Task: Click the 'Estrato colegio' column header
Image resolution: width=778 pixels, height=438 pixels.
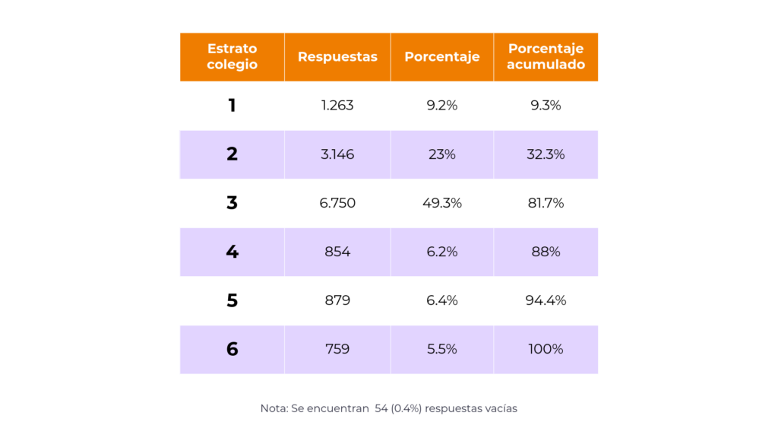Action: (232, 56)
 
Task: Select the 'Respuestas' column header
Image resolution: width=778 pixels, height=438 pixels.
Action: (337, 57)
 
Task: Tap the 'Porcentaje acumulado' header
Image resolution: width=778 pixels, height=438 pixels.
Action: (546, 56)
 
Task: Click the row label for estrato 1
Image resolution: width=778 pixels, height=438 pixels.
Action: (232, 106)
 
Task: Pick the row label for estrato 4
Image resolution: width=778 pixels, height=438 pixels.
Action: (232, 252)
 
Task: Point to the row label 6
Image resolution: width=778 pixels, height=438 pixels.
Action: (232, 349)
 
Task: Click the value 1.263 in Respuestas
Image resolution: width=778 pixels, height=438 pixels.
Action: (337, 106)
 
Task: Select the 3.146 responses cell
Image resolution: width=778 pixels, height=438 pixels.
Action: (337, 154)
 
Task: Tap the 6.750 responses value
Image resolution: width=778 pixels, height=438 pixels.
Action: (337, 203)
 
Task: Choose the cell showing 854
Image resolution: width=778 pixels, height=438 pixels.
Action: (337, 252)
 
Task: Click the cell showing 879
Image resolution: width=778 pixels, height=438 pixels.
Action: (337, 300)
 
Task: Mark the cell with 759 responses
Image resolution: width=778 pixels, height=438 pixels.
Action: (337, 349)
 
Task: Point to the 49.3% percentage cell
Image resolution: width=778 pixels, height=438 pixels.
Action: (442, 203)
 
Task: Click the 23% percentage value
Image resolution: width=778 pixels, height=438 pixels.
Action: (442, 154)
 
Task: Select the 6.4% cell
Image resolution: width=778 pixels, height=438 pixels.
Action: (442, 300)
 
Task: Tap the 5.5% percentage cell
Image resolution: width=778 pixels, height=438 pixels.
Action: (442, 349)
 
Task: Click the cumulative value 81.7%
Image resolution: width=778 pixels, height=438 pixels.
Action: (546, 203)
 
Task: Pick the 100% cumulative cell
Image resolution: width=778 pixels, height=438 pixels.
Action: (546, 349)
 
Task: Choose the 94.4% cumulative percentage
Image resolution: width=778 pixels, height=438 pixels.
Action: (546, 300)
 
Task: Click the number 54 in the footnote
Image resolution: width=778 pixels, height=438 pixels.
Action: (381, 408)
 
